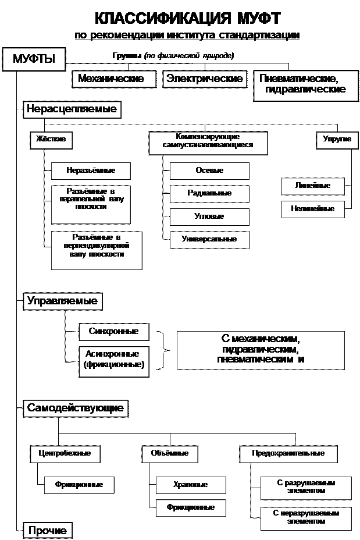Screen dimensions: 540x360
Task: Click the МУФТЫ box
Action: [34, 59]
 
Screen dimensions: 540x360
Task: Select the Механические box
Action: [114, 79]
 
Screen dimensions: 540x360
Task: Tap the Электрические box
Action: [205, 79]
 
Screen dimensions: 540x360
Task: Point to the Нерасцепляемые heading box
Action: [72, 109]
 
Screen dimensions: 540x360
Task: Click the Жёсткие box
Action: [51, 140]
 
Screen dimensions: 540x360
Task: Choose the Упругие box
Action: [337, 140]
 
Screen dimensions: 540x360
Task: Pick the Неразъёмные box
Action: [91, 171]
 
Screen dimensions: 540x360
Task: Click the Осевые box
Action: [209, 171]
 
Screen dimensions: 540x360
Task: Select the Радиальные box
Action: [209, 194]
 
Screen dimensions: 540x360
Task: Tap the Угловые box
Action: [209, 216]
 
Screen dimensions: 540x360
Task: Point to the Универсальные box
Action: [209, 240]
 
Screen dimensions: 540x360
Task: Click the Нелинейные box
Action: [313, 209]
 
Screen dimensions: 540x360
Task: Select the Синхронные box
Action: [114, 332]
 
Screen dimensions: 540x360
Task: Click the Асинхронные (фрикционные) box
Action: [114, 361]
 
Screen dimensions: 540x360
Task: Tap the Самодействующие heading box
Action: [76, 408]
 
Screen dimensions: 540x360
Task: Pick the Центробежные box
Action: [65, 454]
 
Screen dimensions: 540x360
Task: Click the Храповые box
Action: [191, 485]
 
